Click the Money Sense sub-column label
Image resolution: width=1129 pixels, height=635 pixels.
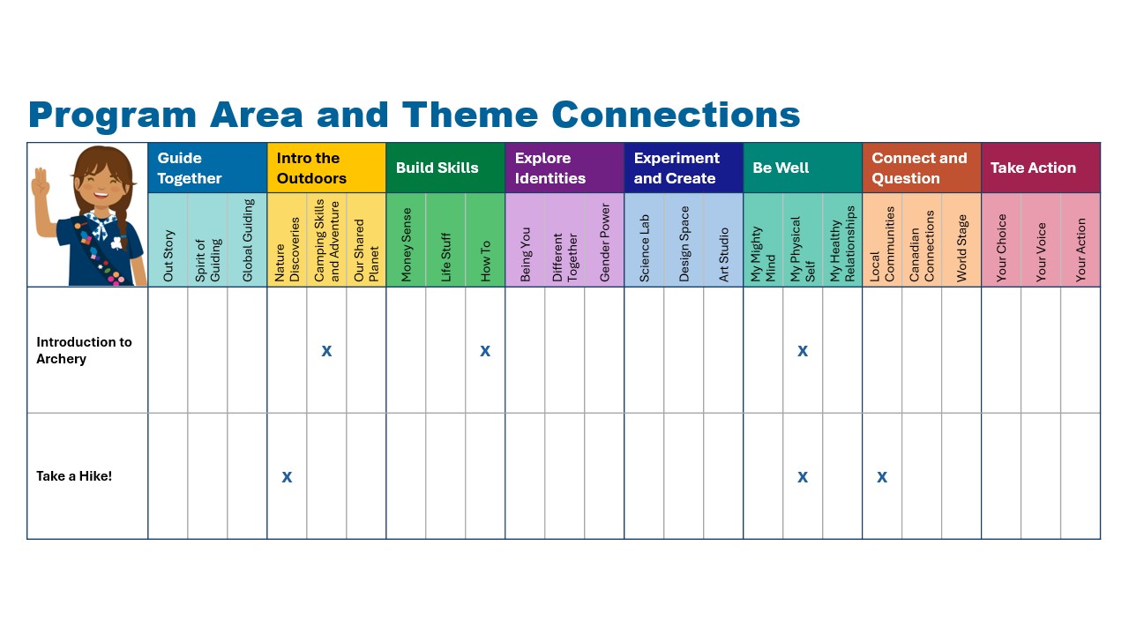407,244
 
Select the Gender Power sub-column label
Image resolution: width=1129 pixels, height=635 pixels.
605,243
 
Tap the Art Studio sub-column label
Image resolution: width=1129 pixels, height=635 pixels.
724,255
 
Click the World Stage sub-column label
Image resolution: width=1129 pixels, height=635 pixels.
961,248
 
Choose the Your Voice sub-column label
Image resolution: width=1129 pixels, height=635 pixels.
1041,252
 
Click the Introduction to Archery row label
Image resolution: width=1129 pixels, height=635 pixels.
84,350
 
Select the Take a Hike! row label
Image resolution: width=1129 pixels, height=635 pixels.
74,476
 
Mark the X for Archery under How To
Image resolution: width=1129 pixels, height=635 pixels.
485,351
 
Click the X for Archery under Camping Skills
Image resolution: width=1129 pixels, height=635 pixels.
326,351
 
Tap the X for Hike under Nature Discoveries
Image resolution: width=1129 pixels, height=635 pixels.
287,477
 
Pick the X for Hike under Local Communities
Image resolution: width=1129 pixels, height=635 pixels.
882,477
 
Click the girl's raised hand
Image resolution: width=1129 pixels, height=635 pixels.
41,183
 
